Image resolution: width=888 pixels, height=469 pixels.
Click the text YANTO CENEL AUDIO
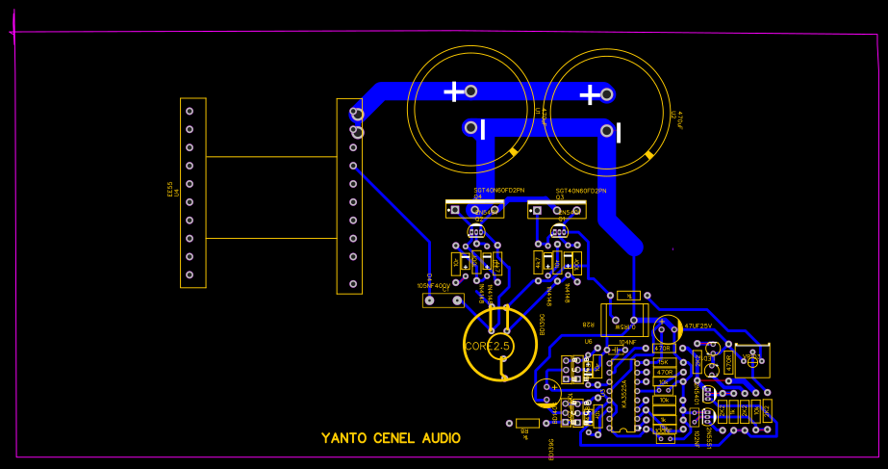point(391,438)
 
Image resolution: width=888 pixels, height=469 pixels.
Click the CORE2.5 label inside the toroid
point(487,346)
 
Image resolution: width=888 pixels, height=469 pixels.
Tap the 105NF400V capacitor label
point(433,286)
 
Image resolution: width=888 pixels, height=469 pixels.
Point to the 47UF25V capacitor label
point(697,326)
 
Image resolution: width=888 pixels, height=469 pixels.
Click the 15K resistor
point(663,361)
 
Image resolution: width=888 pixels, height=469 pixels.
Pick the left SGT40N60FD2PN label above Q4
point(499,191)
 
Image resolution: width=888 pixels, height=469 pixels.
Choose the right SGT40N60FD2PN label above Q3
point(581,191)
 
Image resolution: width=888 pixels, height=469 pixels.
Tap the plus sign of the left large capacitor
point(453,91)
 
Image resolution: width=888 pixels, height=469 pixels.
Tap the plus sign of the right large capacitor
point(589,94)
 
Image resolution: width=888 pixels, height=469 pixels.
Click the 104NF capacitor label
point(628,342)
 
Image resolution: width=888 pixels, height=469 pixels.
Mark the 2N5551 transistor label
point(708,433)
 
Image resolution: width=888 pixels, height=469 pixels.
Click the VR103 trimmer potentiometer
point(752,359)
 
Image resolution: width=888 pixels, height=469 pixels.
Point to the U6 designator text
point(588,340)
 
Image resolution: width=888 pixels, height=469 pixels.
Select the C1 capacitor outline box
point(443,300)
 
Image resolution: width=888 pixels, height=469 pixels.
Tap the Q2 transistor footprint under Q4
point(475,231)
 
